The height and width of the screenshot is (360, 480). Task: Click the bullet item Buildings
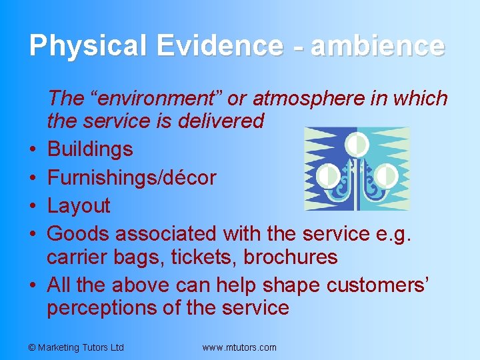90,149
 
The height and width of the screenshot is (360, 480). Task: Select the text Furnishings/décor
132,177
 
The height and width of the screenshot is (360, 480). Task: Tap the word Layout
79,205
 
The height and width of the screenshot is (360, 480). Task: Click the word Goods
78,233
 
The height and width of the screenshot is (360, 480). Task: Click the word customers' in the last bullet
378,285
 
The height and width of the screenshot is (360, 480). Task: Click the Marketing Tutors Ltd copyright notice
77,347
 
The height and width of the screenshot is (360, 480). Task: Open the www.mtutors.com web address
239,347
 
